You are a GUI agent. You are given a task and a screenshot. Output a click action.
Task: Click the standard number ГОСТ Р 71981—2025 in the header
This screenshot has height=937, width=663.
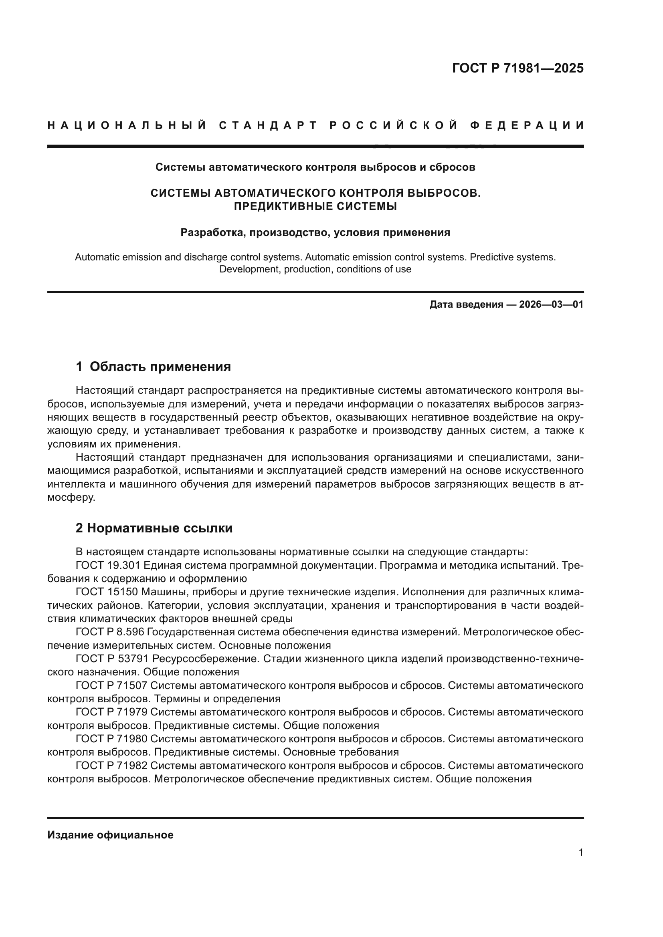coord(517,68)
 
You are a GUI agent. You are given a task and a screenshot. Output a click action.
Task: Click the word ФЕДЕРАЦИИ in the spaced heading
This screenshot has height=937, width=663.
coord(527,125)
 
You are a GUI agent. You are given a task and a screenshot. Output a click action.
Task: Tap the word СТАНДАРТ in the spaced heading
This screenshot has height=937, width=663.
coord(268,125)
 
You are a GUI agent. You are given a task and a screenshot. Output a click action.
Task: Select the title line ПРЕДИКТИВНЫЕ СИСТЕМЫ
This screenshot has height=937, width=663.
coord(315,206)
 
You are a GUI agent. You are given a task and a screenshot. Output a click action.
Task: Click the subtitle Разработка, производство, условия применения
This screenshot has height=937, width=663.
coord(315,233)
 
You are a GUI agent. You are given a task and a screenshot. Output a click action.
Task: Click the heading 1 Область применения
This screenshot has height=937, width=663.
coord(154,367)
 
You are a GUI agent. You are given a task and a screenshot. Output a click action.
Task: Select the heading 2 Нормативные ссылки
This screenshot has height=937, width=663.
coord(154,528)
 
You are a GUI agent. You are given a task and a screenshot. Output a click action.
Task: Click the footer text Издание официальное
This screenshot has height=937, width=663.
coord(110,835)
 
